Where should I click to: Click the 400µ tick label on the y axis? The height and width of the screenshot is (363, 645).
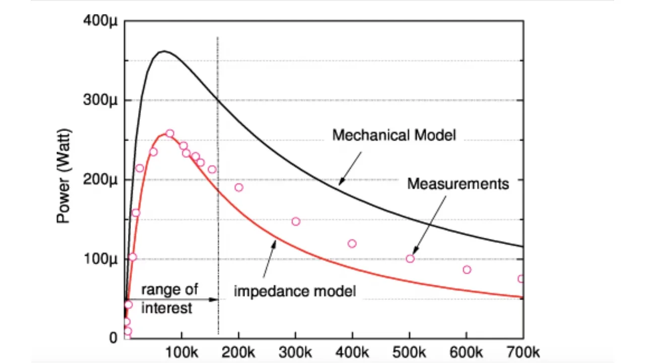[99, 21]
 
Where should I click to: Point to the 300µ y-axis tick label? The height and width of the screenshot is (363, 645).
[99, 100]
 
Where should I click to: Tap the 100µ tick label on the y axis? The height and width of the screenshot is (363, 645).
[99, 259]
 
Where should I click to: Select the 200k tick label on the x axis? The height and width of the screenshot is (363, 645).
[238, 351]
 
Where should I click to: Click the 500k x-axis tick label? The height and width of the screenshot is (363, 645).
[410, 351]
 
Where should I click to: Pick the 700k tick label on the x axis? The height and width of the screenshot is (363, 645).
[524, 351]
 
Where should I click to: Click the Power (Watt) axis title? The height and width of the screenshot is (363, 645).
[64, 176]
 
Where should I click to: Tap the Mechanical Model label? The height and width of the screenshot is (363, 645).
[394, 135]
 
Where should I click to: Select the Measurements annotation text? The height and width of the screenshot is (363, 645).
[458, 184]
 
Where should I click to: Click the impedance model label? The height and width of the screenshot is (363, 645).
[295, 291]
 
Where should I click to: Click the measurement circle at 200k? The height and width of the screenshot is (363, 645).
[239, 188]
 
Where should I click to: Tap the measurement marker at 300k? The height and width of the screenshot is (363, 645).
[296, 221]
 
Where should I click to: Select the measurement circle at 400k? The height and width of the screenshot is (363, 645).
[352, 244]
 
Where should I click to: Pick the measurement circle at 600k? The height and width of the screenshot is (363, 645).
[467, 270]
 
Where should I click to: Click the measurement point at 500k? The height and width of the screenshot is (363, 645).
[410, 259]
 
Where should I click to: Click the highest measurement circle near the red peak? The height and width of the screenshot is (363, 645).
[170, 134]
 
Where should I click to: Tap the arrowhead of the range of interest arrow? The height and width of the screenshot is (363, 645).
[216, 299]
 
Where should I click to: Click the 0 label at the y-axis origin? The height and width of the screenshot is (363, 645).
[113, 338]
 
